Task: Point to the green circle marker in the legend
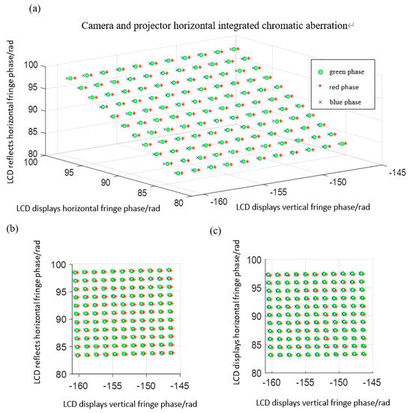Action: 319,73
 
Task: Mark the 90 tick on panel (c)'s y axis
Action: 253,316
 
